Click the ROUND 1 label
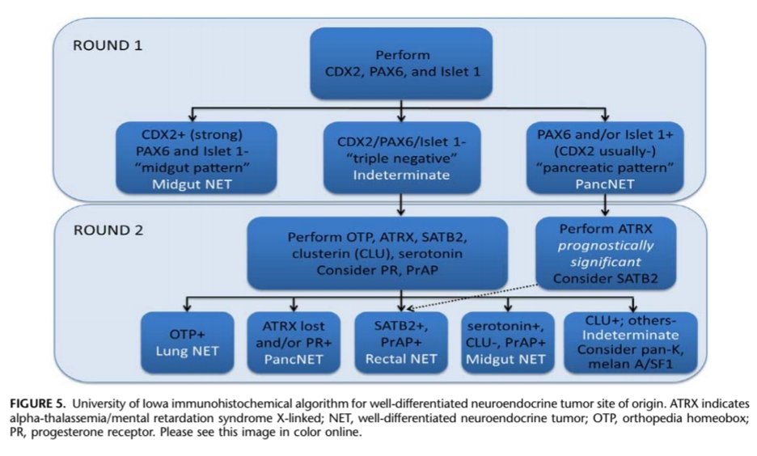[x=107, y=45]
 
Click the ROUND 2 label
[x=108, y=230]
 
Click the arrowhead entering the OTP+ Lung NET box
[x=186, y=309]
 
